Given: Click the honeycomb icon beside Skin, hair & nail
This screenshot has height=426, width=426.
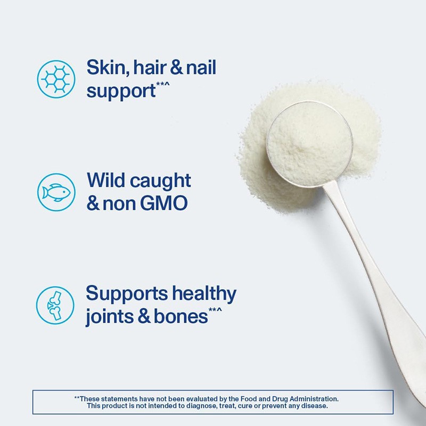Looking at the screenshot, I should tap(56, 78).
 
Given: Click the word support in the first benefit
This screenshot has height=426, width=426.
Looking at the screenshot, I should tap(120, 92).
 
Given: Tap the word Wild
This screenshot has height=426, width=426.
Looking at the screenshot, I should tap(105, 181).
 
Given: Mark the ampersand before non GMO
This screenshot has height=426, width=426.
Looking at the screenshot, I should tap(93, 204).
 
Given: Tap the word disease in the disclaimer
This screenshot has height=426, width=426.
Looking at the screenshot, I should tap(315, 406).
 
